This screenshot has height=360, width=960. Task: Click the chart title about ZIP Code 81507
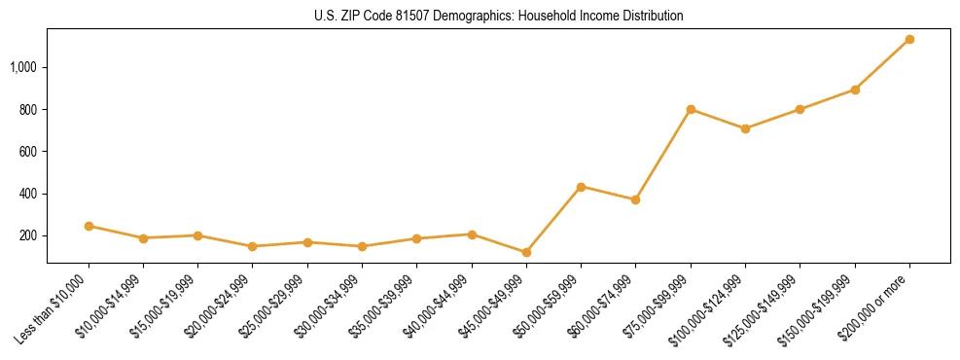498,17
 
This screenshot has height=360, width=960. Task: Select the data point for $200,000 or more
909,40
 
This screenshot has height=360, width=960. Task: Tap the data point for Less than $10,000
89,226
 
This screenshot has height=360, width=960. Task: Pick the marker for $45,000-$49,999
526,252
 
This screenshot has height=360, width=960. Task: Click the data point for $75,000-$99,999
691,109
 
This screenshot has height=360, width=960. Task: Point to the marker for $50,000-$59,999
581,186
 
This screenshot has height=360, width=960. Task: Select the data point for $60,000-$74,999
635,199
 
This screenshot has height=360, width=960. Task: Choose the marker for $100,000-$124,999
745,128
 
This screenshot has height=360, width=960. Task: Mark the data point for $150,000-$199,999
855,90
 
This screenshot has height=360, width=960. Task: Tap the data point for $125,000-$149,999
800,109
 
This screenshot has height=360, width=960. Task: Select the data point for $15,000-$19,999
197,235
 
